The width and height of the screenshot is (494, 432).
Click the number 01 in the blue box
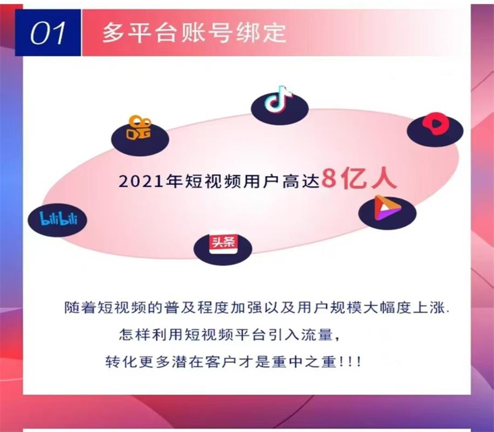click(x=48, y=33)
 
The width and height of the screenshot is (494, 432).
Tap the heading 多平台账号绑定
click(x=194, y=32)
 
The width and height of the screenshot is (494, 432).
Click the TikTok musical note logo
click(x=279, y=99)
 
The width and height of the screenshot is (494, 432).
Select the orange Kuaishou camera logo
click(x=139, y=127)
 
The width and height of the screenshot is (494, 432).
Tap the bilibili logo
click(x=58, y=218)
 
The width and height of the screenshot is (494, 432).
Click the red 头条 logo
click(x=224, y=243)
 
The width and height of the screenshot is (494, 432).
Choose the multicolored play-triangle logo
click(x=387, y=208)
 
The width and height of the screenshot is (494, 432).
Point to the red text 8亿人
click(x=359, y=178)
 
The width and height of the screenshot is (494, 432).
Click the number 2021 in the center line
click(x=141, y=181)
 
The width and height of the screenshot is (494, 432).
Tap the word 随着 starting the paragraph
click(x=80, y=308)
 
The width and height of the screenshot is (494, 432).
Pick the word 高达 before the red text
click(x=301, y=181)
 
